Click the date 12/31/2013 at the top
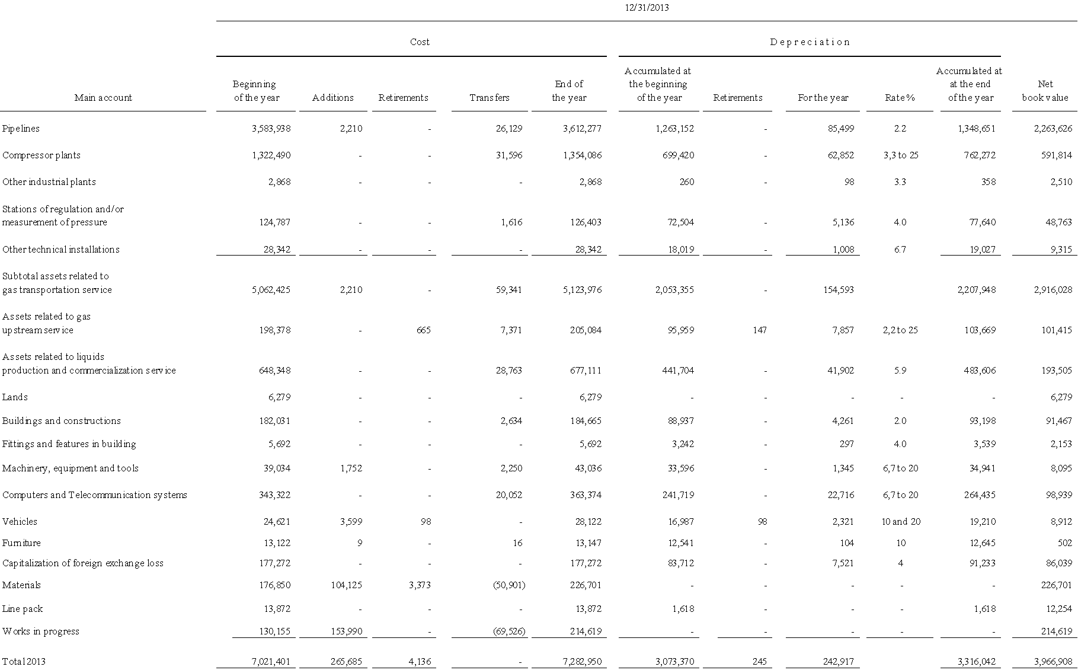coord(647,8)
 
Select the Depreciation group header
coord(810,42)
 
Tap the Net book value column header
coord(1045,91)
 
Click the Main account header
coord(103,98)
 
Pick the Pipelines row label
coord(21,129)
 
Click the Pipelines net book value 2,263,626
coord(1048,129)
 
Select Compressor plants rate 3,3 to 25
coord(900,155)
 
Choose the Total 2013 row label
coord(24,662)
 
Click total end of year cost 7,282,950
coord(582,662)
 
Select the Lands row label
coord(15,397)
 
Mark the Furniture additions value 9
coord(359,543)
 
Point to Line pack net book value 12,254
coord(1056,609)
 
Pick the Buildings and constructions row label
coord(61,421)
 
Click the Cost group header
coord(420,42)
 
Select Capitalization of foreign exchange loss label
coord(82,563)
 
